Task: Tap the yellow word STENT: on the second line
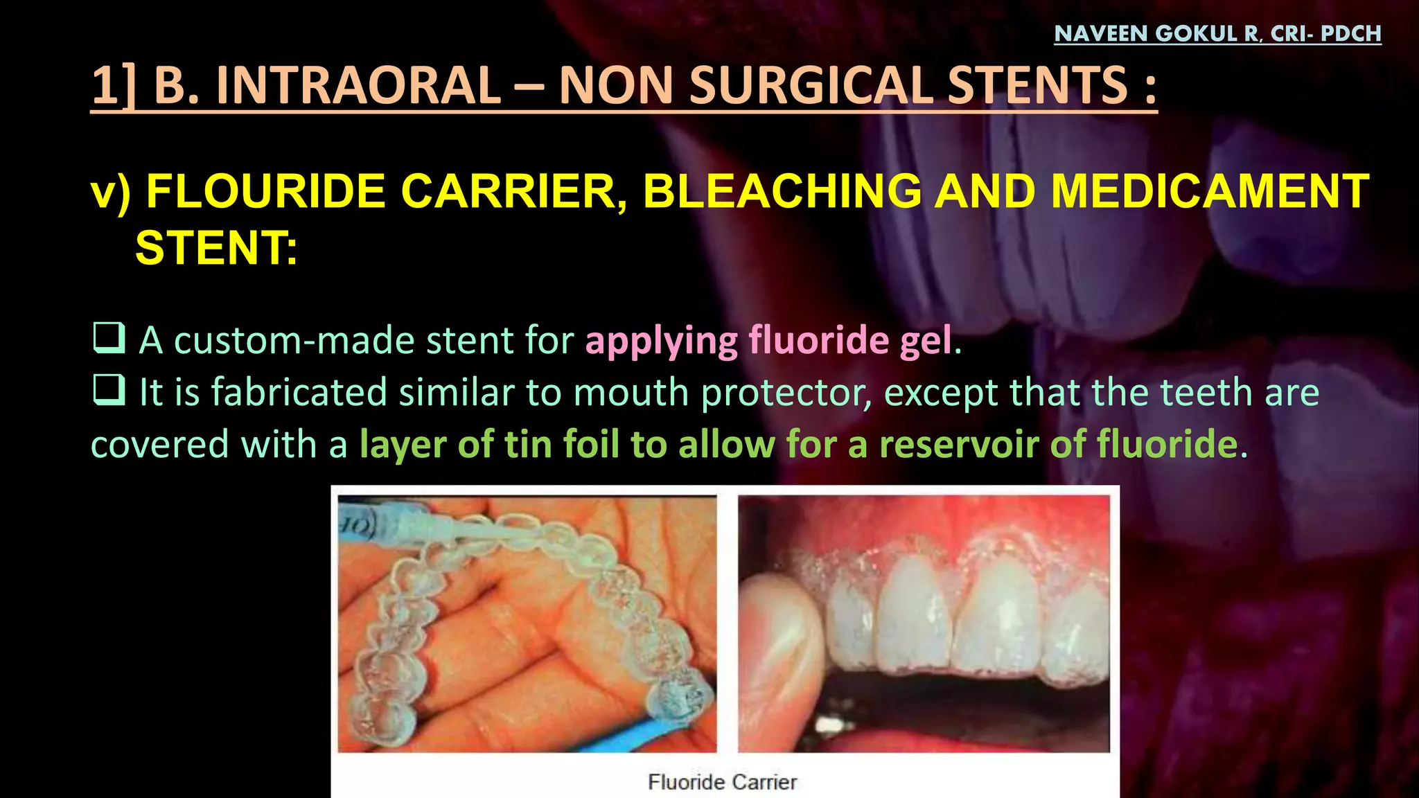pyautogui.click(x=216, y=248)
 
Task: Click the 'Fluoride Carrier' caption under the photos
pyautogui.click(x=722, y=782)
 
